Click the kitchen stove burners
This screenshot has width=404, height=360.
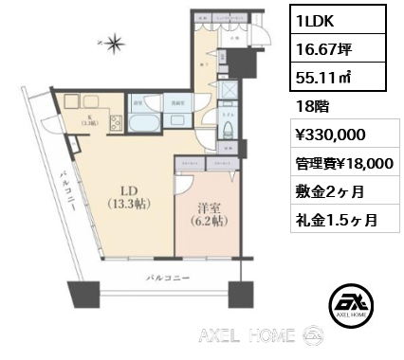click(x=115, y=122)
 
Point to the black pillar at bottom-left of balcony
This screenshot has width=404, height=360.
click(x=78, y=294)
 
